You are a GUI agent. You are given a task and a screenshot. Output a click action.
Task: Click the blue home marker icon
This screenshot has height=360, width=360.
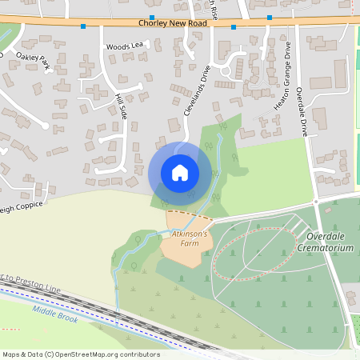tap(180, 172)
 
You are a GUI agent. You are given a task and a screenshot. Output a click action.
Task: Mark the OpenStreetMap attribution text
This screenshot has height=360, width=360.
tap(81, 354)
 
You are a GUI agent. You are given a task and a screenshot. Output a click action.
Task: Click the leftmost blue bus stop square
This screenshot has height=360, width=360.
tap(83, 26)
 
